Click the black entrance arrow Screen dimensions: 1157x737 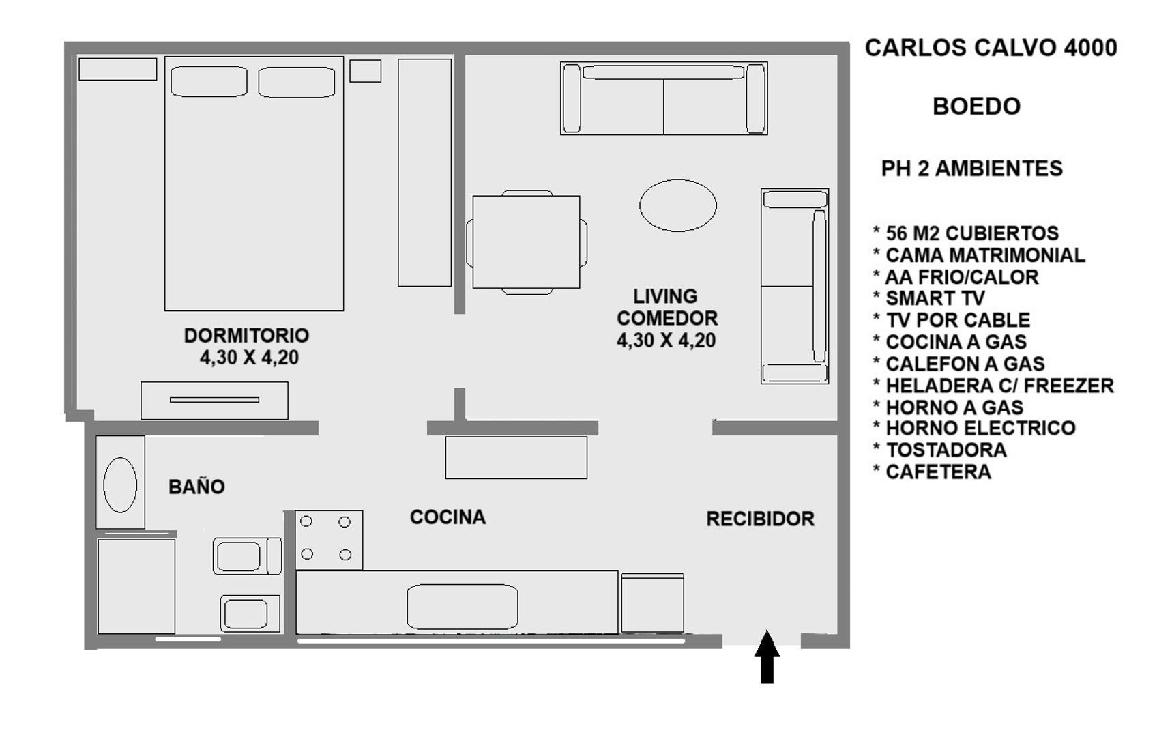767,656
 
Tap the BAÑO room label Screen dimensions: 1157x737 196,487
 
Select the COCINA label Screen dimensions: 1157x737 448,517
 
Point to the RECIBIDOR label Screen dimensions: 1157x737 761,519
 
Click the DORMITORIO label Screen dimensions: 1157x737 246,336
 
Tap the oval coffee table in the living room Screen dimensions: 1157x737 677,205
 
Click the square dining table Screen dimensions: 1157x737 527,242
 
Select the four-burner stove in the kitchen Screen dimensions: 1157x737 329,540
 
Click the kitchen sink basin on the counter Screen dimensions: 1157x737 463,607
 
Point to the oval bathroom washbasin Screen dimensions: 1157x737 120,485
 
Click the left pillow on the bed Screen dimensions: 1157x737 209,81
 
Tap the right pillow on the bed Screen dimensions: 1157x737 297,82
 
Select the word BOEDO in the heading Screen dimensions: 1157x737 977,106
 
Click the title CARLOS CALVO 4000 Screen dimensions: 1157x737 991,48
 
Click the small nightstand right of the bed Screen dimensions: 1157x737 365,71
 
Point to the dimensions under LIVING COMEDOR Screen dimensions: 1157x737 667,341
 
